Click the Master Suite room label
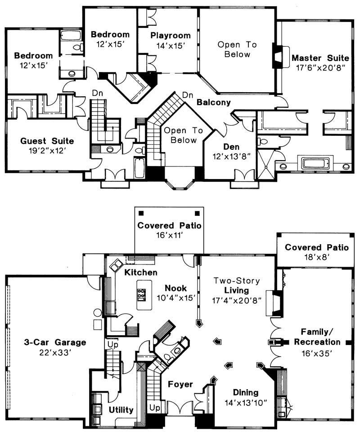pos(320,58)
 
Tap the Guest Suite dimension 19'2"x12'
pos(47,151)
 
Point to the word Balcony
pos(214,103)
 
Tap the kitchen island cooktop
pos(141,294)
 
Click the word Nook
pos(173,288)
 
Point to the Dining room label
pos(247,391)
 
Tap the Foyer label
pos(180,385)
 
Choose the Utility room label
pos(121,410)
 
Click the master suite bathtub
pos(315,163)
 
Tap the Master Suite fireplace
pos(279,56)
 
